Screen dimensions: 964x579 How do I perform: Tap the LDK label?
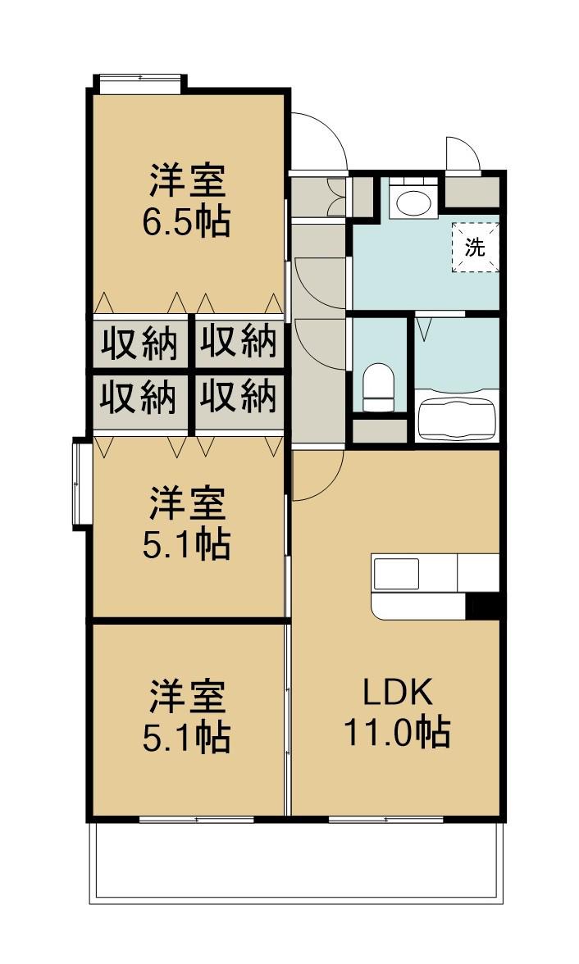(x=398, y=693)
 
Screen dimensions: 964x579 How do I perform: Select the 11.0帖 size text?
(x=396, y=732)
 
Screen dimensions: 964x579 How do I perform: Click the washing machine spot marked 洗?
(x=476, y=246)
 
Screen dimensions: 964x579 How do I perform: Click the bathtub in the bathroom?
(x=458, y=414)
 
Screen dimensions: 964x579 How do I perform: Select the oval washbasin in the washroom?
(x=409, y=202)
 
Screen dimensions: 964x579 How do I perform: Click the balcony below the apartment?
(x=295, y=861)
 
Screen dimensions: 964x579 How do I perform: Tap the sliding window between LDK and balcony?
(x=385, y=818)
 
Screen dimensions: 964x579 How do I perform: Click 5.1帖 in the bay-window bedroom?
(x=187, y=544)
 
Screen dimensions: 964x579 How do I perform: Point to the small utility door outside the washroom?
(x=461, y=154)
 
